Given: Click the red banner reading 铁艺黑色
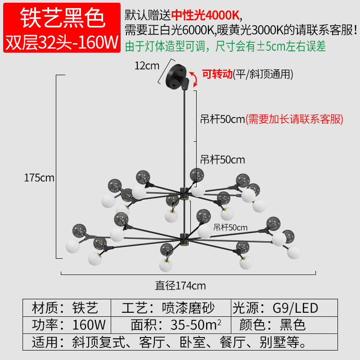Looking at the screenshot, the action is point(62,27).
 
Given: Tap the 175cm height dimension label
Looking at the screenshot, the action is point(39,178).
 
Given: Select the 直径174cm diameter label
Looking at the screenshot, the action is point(180,286).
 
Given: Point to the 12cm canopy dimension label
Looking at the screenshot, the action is point(147,66).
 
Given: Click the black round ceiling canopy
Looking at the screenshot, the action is point(176,76).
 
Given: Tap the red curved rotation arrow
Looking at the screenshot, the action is point(195,79).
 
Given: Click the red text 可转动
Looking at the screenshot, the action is point(217,74).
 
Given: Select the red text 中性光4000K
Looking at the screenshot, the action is point(206,15).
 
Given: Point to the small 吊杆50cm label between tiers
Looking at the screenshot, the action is point(230,228).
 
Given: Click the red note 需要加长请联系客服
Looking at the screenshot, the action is point(294,119).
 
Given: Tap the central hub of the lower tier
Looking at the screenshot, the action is point(184,240).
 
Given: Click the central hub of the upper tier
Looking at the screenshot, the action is point(184,193).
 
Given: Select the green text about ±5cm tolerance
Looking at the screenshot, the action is point(225,46).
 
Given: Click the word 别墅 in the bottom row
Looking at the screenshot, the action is point(273,342).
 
